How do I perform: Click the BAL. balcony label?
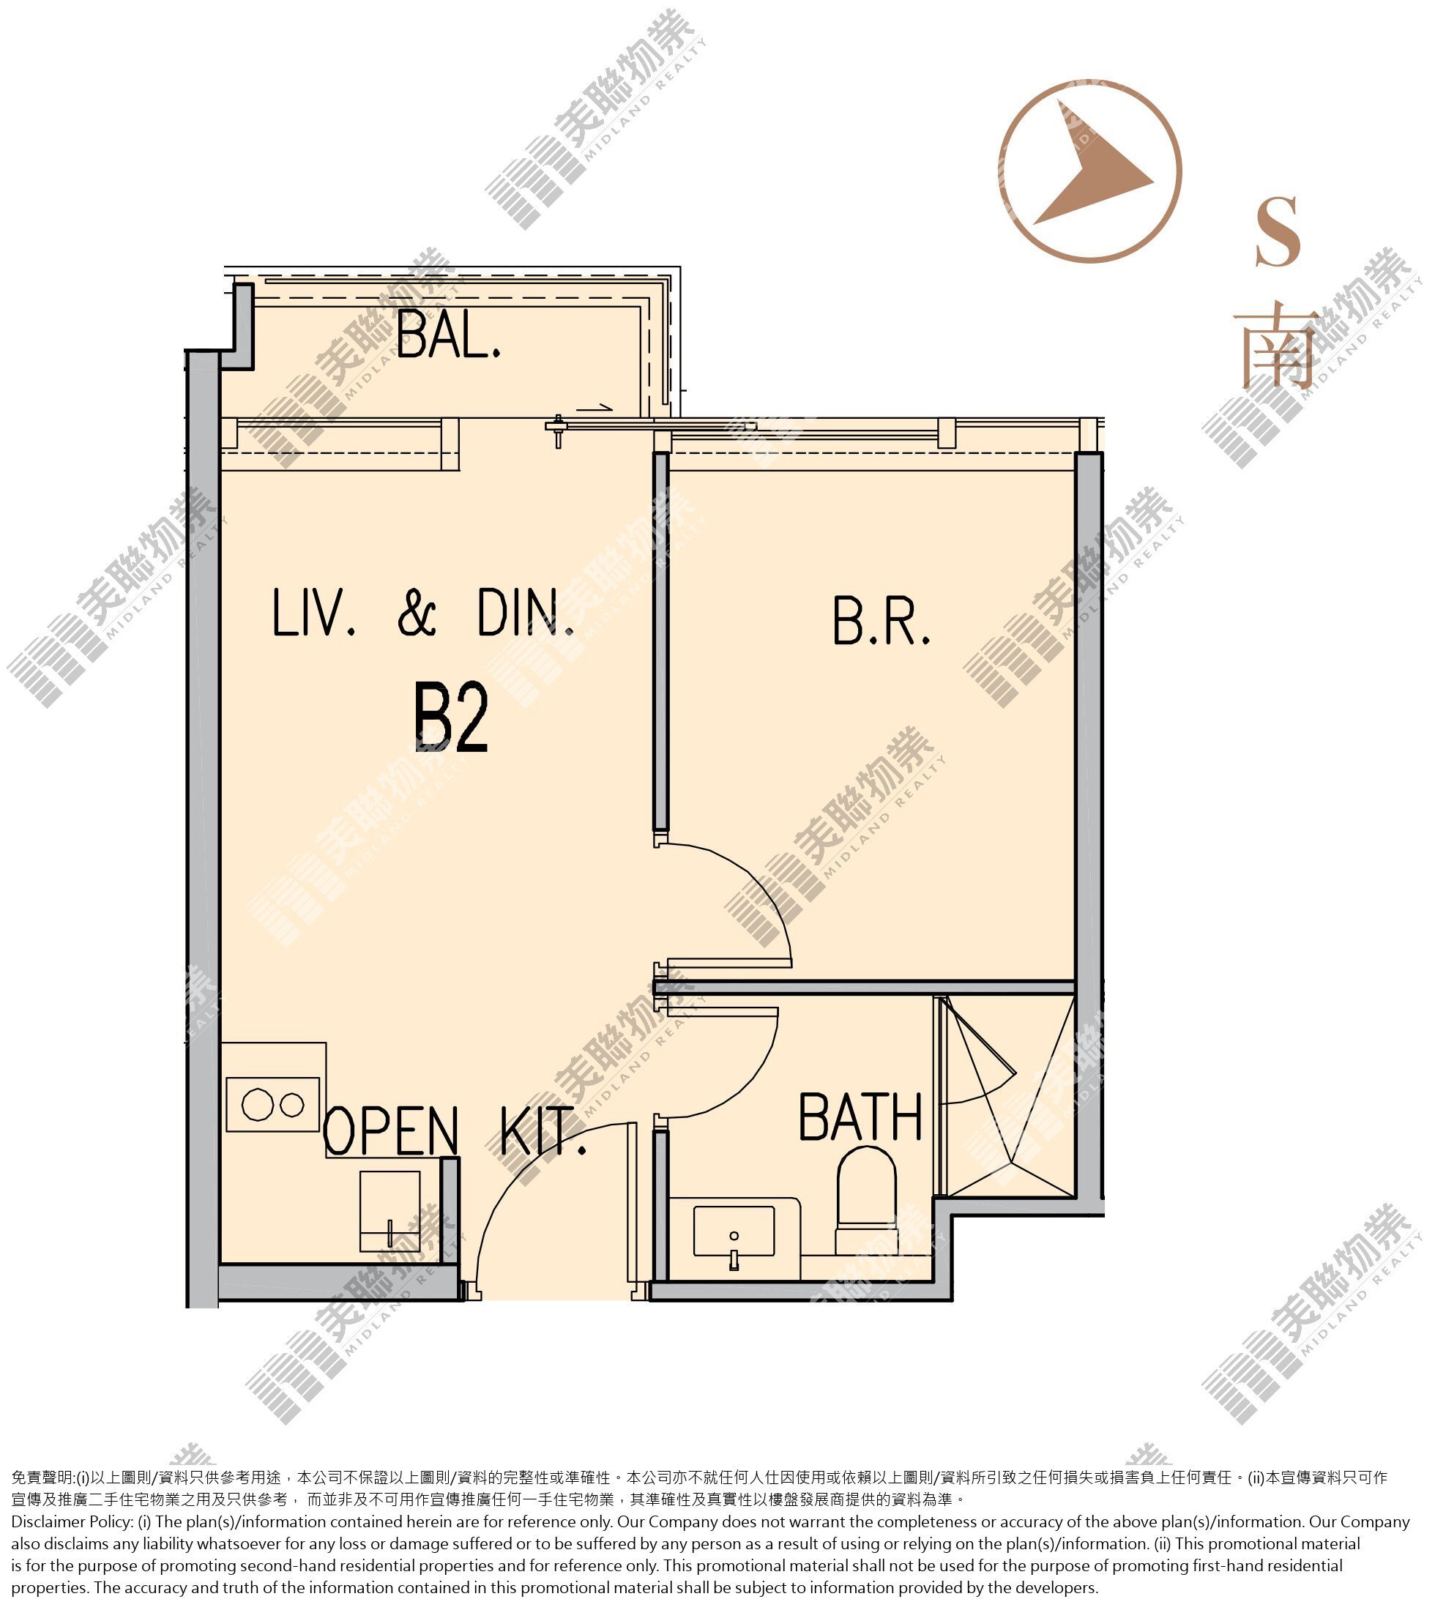(449, 335)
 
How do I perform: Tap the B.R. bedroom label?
(881, 622)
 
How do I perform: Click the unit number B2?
(452, 718)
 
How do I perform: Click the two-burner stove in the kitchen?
(273, 1105)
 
